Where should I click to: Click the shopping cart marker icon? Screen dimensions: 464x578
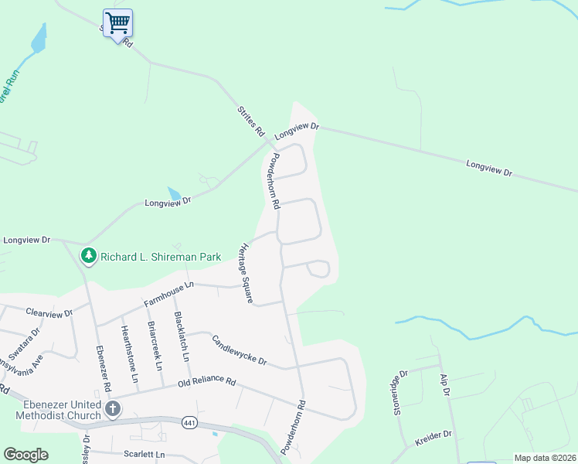pyautogui.click(x=117, y=23)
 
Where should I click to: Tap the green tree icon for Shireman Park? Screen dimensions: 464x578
pyautogui.click(x=89, y=255)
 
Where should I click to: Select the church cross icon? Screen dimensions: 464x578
pyautogui.click(x=113, y=409)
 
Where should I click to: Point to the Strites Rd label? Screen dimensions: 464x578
pyautogui.click(x=250, y=121)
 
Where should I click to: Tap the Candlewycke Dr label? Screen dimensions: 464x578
pyautogui.click(x=239, y=350)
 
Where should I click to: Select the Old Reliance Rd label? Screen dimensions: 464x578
pyautogui.click(x=206, y=381)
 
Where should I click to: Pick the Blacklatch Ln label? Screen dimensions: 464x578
pyautogui.click(x=182, y=337)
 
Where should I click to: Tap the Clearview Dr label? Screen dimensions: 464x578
pyautogui.click(x=49, y=313)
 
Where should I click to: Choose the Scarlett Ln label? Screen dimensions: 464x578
pyautogui.click(x=144, y=455)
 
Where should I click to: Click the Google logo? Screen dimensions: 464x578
pyautogui.click(x=25, y=455)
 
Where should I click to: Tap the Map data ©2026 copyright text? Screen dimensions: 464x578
pyautogui.click(x=545, y=458)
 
